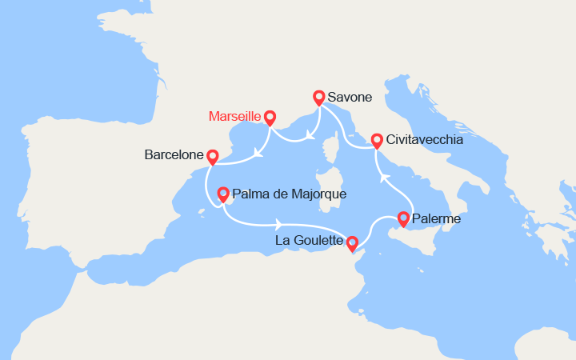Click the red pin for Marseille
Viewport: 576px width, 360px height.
click(x=270, y=117)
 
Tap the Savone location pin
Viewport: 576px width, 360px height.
click(x=319, y=97)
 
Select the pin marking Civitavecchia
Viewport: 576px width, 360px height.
click(x=376, y=140)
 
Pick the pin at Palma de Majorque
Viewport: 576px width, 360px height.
click(x=223, y=194)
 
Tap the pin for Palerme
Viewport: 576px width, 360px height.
click(x=403, y=218)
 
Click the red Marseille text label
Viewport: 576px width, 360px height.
click(x=234, y=116)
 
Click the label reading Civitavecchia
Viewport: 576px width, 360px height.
click(x=424, y=139)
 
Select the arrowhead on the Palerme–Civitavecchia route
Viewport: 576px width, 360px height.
click(x=383, y=178)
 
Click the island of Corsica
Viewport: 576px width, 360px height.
click(x=327, y=156)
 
